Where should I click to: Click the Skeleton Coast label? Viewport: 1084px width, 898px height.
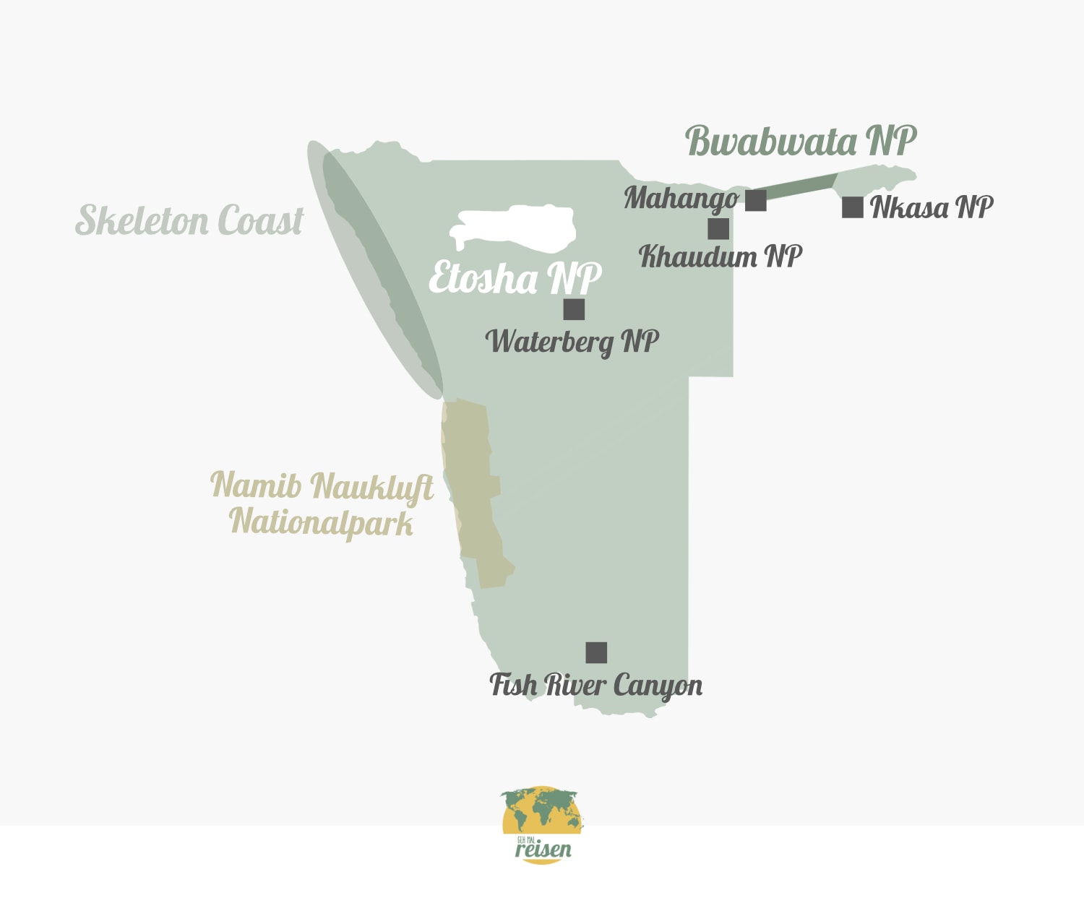tap(189, 220)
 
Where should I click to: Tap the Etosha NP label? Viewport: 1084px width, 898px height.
tap(515, 278)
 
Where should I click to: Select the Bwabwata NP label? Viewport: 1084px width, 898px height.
tap(801, 140)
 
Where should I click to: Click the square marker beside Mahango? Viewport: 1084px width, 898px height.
tap(756, 200)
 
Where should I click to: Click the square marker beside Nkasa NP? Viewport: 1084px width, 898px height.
tap(853, 207)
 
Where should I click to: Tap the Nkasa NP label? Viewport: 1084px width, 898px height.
tap(932, 207)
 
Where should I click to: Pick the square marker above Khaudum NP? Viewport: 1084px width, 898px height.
tap(718, 229)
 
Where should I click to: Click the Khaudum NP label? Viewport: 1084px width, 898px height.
tap(720, 256)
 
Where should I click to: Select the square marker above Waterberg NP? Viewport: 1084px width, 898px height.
tap(574, 309)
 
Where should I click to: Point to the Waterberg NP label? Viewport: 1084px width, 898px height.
tap(572, 342)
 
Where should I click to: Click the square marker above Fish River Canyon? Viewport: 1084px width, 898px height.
tap(596, 652)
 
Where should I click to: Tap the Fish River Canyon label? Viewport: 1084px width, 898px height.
tap(595, 685)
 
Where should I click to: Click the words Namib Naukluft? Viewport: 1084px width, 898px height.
tap(322, 485)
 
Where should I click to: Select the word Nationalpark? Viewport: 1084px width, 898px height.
tap(321, 522)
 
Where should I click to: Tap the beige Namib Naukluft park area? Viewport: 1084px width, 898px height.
tap(473, 491)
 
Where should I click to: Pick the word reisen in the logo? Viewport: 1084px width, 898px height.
tap(543, 850)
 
